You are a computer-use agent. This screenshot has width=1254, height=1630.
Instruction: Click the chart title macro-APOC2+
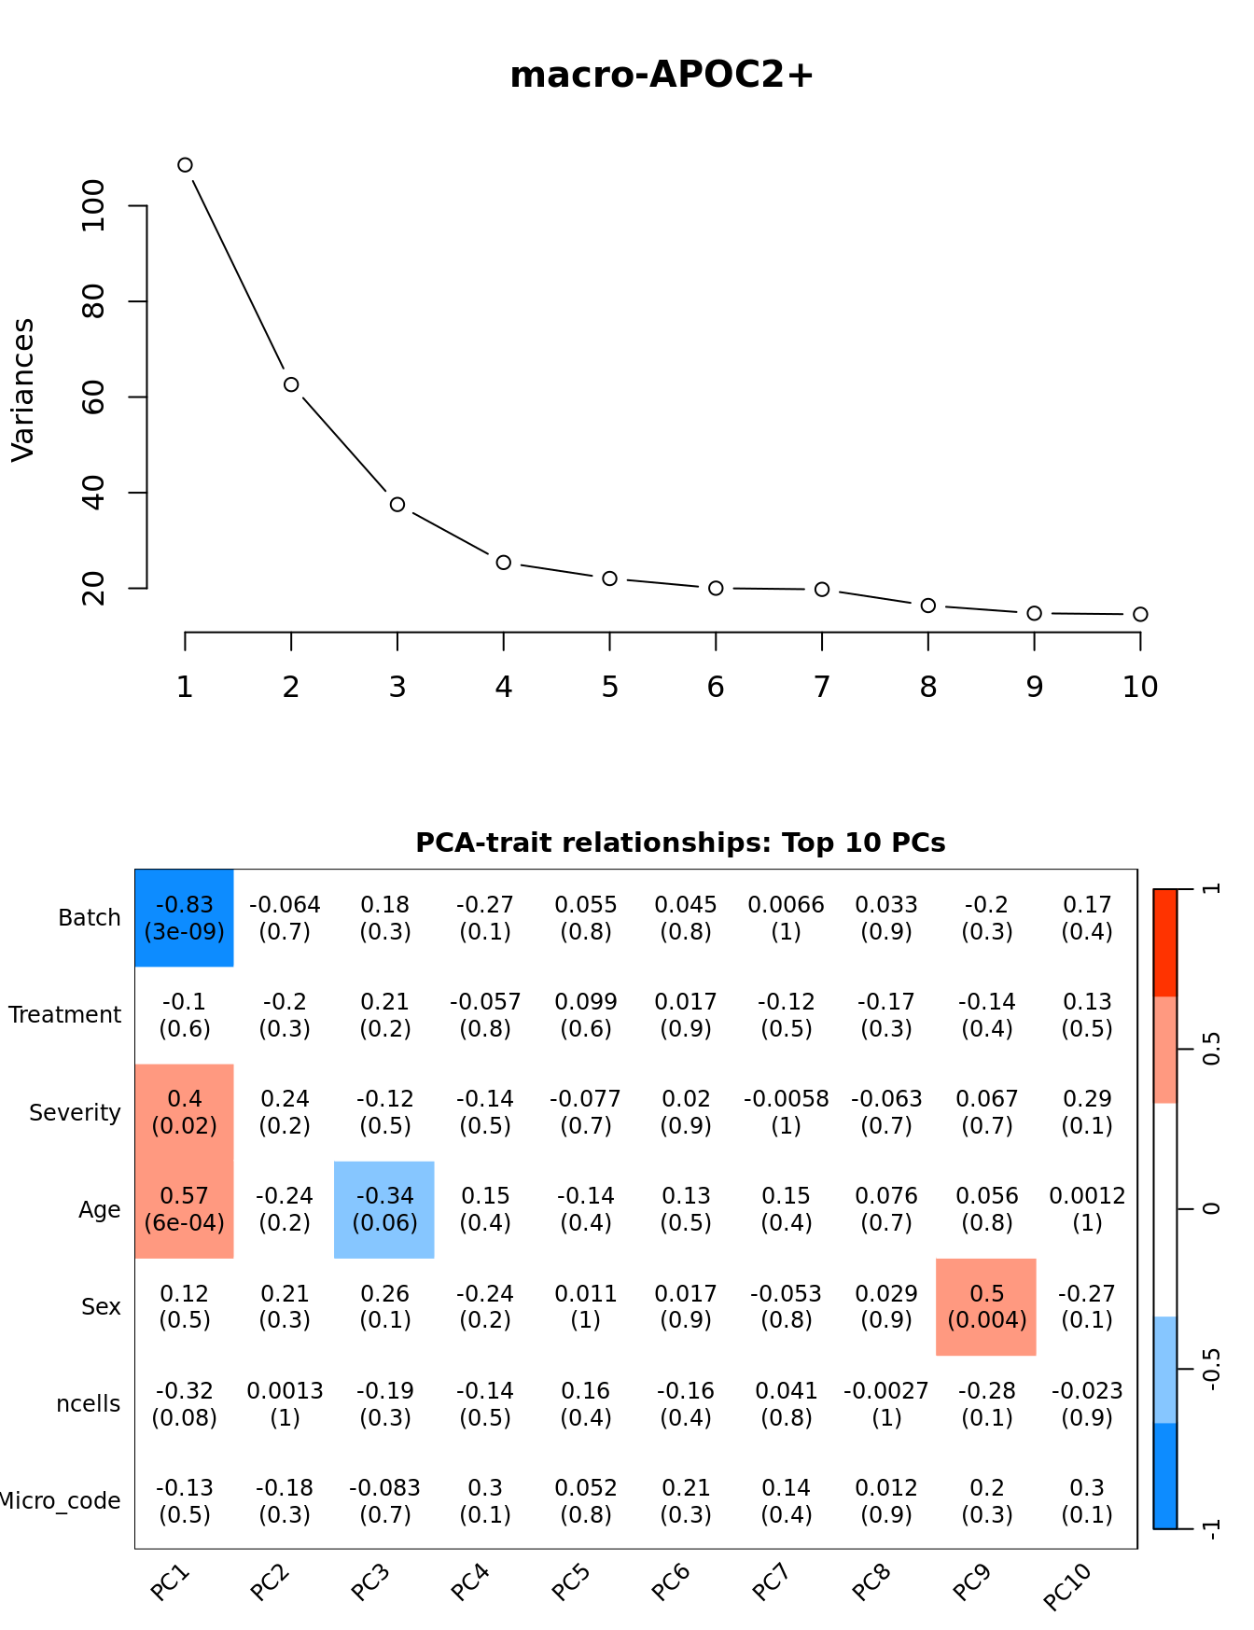coord(662,75)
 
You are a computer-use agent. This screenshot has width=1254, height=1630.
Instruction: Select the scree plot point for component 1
coord(185,165)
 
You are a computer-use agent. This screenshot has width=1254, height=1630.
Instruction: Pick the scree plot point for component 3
coord(397,505)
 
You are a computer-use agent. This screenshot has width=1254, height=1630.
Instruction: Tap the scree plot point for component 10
coord(1140,614)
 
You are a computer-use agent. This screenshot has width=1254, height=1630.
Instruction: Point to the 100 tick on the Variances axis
coord(94,206)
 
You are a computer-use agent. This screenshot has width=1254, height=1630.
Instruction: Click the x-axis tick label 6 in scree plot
coord(716,688)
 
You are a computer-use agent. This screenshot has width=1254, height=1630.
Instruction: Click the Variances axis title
coord(22,390)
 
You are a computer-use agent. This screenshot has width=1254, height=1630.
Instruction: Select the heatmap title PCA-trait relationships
coord(680,843)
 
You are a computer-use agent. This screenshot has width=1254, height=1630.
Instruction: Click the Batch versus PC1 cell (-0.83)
coord(185,918)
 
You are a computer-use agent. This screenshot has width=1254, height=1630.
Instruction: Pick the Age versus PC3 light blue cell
coord(384,1209)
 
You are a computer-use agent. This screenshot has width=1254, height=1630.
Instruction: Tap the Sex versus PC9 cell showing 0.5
coord(986,1306)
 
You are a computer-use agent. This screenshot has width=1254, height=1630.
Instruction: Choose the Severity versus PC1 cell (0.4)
coord(185,1112)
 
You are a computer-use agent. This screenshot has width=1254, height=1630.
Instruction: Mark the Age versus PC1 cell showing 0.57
coord(185,1209)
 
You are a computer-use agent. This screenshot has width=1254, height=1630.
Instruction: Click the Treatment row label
coord(65,1015)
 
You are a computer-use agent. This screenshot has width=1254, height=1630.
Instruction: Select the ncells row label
coord(89,1404)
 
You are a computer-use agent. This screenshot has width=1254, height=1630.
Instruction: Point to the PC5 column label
coord(570,1582)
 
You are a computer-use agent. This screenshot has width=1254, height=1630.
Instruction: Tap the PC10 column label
coord(1066,1586)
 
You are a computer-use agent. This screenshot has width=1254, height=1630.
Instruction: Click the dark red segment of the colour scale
coord(1165,942)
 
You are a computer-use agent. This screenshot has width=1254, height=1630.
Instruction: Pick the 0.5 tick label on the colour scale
coord(1211,1049)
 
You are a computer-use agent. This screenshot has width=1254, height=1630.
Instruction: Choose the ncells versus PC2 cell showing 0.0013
coord(285,1404)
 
